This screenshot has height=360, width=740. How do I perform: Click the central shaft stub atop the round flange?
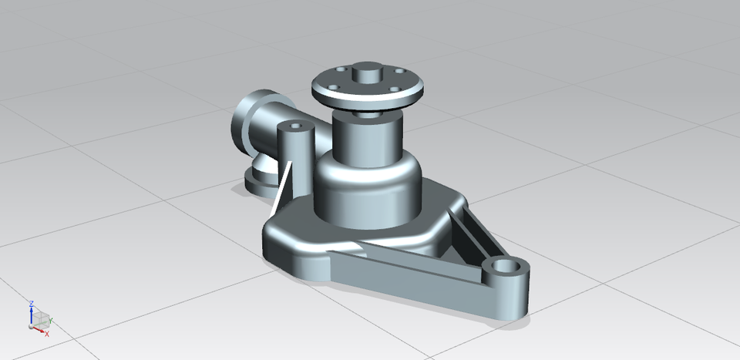[366, 75]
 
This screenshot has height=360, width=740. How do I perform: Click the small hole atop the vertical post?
[294, 125]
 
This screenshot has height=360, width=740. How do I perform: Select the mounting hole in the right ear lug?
[507, 267]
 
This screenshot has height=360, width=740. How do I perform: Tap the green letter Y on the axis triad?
[51, 318]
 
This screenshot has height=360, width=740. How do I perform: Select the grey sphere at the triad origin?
[32, 327]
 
